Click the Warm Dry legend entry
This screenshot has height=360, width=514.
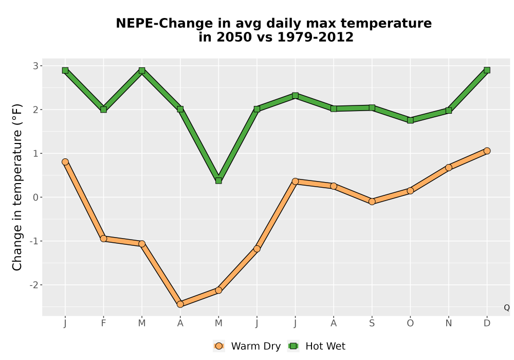(247, 346)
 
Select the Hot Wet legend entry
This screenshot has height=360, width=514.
(317, 346)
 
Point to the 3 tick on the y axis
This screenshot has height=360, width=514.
(36, 66)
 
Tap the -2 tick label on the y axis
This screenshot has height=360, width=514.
(34, 285)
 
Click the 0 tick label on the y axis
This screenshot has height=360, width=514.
(36, 197)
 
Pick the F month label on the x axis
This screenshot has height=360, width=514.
(104, 323)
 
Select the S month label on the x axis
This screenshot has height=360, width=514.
(372, 323)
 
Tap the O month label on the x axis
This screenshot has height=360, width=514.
(410, 323)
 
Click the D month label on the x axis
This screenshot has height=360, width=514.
(487, 323)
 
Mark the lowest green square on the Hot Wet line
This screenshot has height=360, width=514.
(218, 181)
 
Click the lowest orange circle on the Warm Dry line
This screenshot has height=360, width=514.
(180, 304)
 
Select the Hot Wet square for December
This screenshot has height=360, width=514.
(487, 70)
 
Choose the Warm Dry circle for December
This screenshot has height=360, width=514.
(487, 151)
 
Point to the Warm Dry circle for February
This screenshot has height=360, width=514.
(104, 239)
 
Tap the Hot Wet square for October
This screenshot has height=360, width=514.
(410, 120)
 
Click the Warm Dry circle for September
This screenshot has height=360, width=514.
(372, 202)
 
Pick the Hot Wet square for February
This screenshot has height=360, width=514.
(104, 110)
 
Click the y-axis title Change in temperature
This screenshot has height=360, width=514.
(17, 187)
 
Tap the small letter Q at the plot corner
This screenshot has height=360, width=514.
(507, 308)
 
